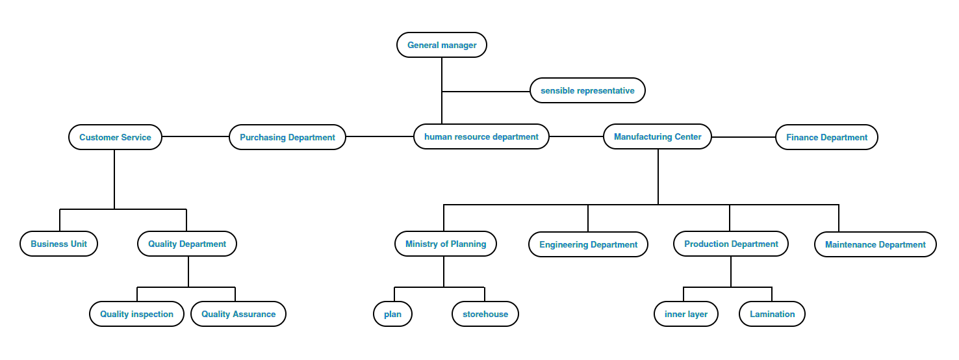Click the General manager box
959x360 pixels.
[442, 45]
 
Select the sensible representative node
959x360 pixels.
[587, 90]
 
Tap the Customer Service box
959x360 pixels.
[115, 137]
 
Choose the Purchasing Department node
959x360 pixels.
[287, 137]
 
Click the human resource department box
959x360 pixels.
[481, 136]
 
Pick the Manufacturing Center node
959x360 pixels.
[658, 136]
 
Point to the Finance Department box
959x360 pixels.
[826, 137]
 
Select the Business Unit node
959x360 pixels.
[58, 244]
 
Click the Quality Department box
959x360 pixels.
[187, 244]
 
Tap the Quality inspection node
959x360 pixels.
[136, 314]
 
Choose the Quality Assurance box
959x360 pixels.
[238, 314]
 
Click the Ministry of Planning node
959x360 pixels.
[446, 244]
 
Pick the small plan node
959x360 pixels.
[392, 314]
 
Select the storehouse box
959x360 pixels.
[485, 314]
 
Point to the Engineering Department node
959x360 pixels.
[588, 244]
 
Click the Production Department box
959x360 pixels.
[731, 244]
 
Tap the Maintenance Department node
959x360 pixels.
[875, 244]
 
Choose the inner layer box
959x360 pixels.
[686, 314]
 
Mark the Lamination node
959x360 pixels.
[772, 314]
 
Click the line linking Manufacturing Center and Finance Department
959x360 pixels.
[744, 137]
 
